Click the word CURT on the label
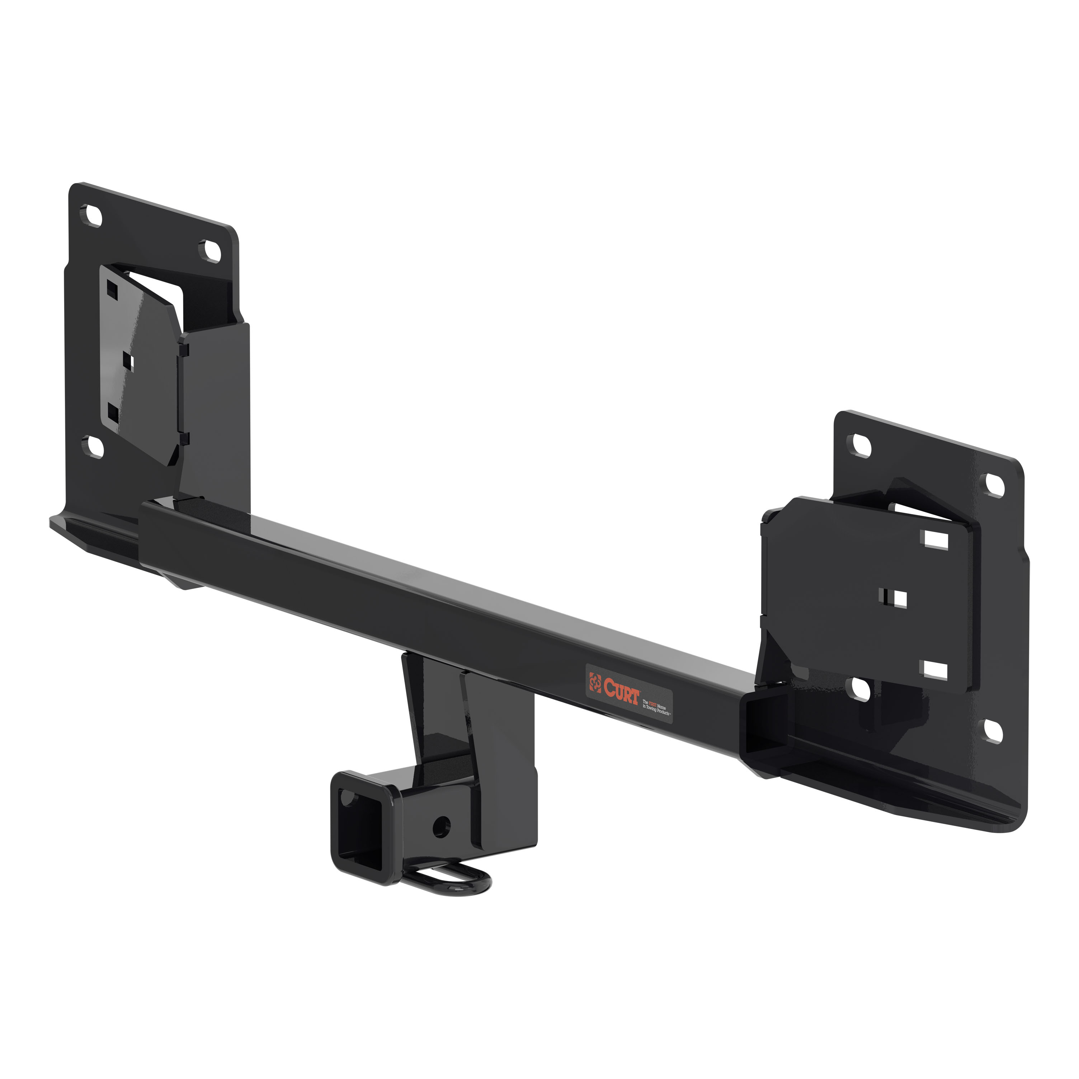(x=621, y=689)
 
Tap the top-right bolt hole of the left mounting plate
(x=212, y=251)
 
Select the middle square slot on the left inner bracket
(x=128, y=362)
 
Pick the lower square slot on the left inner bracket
(x=113, y=413)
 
